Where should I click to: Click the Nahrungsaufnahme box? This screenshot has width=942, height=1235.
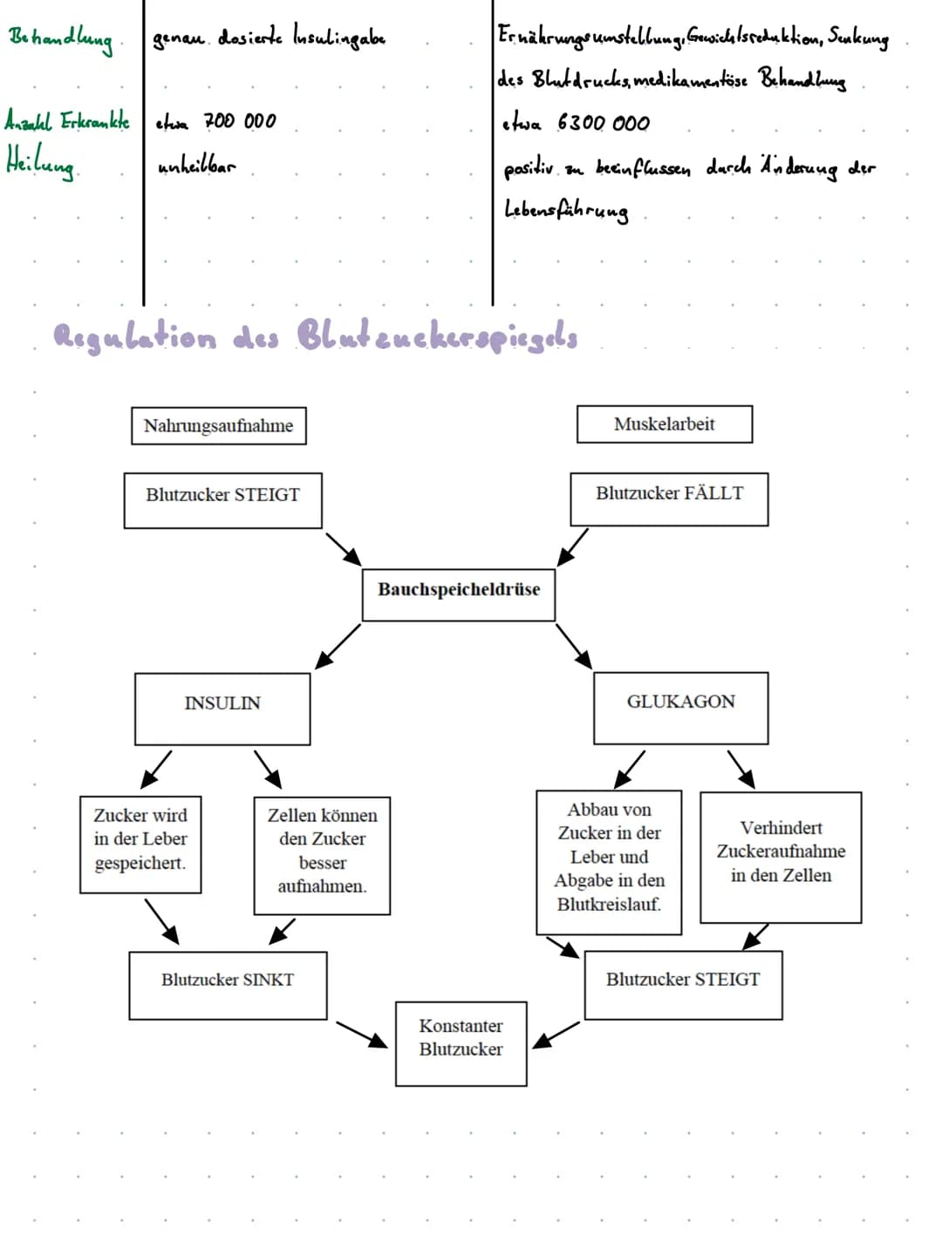(218, 425)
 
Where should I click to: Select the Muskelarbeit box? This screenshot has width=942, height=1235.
(664, 424)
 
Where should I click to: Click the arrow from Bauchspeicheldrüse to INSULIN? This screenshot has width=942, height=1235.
(338, 646)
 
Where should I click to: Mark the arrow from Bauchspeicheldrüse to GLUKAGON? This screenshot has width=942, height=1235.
(574, 646)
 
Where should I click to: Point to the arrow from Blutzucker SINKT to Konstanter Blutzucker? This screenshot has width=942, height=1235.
(361, 1034)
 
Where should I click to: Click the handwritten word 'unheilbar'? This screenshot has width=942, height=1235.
(196, 166)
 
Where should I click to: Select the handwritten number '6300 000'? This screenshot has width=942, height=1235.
(604, 123)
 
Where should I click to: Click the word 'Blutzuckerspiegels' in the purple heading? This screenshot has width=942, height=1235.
(437, 337)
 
